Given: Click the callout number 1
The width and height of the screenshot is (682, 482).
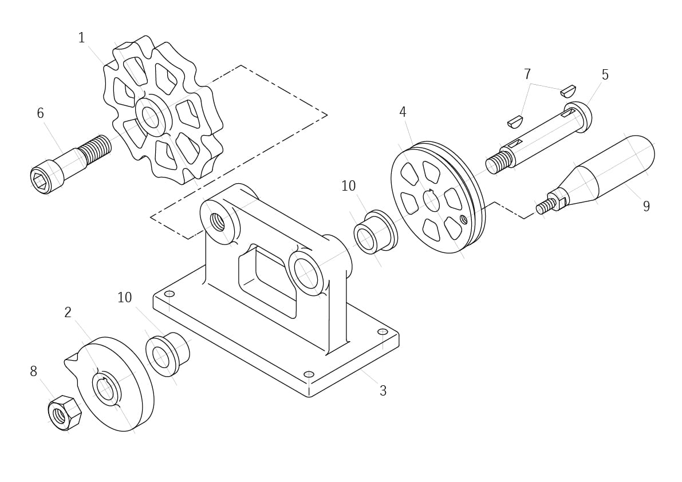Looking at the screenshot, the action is click(x=81, y=38).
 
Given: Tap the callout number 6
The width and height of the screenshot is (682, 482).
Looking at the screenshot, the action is click(x=41, y=113).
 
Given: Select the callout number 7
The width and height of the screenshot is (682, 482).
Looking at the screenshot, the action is click(x=527, y=74).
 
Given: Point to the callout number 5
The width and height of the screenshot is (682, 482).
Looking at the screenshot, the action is click(x=605, y=75).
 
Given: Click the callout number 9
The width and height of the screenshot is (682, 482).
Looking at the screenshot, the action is click(x=646, y=207).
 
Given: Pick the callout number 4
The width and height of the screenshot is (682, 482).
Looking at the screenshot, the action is click(x=403, y=112).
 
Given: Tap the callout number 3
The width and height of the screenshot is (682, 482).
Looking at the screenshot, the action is click(x=383, y=391).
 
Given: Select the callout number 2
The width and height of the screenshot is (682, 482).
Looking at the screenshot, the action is click(x=68, y=313).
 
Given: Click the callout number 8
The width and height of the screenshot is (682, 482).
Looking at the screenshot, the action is click(x=33, y=372).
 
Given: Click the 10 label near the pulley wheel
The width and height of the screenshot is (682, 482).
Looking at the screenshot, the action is click(x=348, y=186).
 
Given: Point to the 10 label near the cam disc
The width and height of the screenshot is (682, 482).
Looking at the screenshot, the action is click(x=124, y=298).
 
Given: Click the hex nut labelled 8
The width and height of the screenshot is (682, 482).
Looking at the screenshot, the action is click(x=64, y=413).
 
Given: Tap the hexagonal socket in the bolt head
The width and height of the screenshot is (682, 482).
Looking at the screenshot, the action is click(x=40, y=179).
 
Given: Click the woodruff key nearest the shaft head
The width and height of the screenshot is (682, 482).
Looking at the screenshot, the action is click(x=568, y=90).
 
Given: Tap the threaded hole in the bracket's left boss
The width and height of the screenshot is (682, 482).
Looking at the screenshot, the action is click(x=218, y=222).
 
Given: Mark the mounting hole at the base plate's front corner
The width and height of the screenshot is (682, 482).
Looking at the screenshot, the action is click(x=309, y=374).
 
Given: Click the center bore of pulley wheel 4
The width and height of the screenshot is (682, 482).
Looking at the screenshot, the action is click(x=431, y=201).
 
